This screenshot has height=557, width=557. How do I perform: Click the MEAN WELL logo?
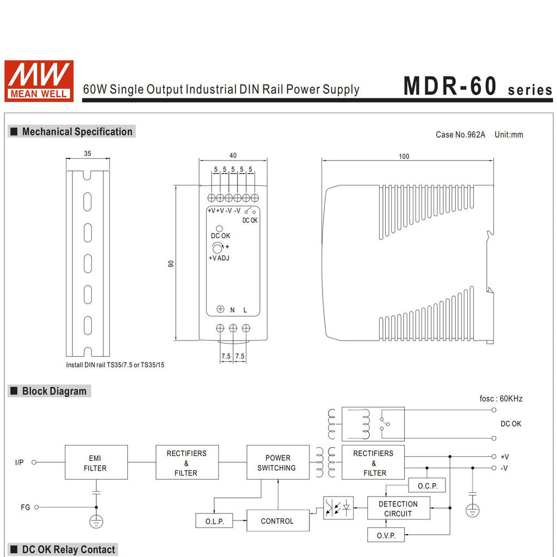39,81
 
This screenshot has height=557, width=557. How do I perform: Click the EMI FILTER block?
96,462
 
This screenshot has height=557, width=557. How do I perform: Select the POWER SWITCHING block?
278,462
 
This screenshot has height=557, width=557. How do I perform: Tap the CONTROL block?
278,521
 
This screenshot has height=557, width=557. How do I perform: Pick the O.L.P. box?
214,521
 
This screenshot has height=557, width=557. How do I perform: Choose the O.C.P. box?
427,485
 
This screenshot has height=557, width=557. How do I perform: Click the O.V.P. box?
386,535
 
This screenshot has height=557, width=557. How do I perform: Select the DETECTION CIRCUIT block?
399,509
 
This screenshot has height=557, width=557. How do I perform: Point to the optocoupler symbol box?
338,508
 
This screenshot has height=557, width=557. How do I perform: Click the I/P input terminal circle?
34,462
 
